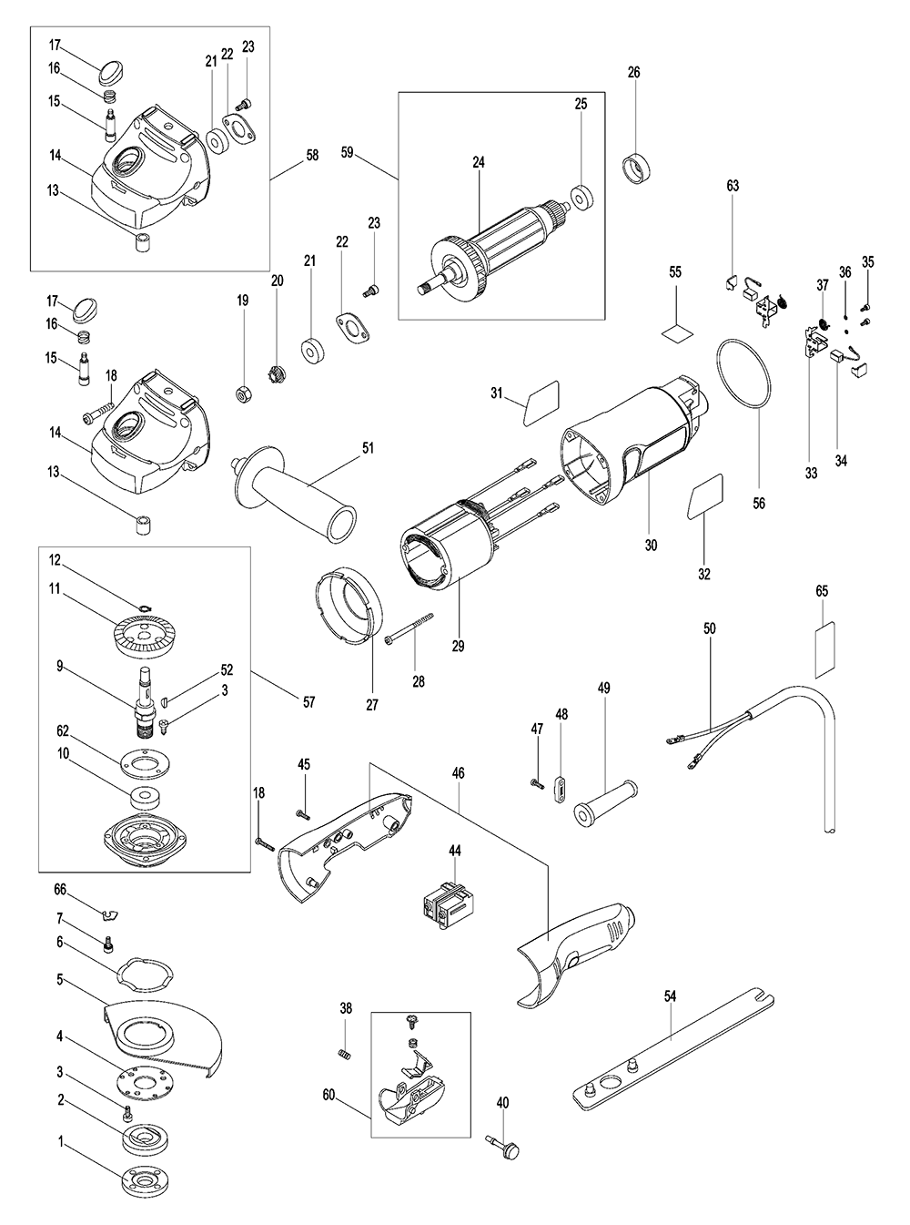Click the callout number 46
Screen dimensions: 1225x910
click(458, 773)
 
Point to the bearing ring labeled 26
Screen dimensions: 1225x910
click(636, 169)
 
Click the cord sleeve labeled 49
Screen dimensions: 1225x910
click(605, 801)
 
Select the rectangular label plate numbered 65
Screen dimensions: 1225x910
click(824, 649)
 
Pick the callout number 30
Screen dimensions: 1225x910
click(651, 545)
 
